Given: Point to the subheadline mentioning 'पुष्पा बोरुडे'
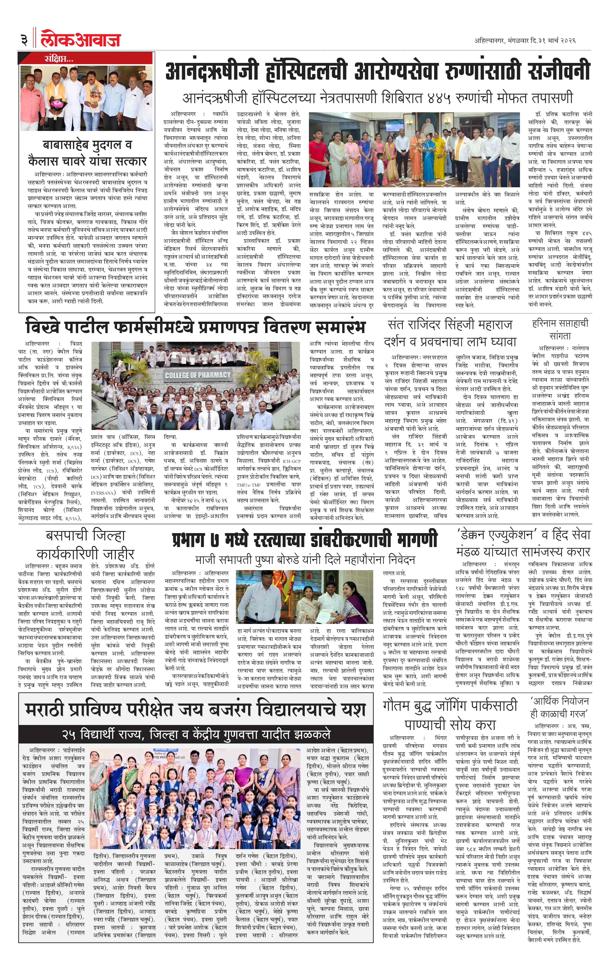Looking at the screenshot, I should click(305, 560).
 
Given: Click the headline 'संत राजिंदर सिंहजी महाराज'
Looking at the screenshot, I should click(450, 325).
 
